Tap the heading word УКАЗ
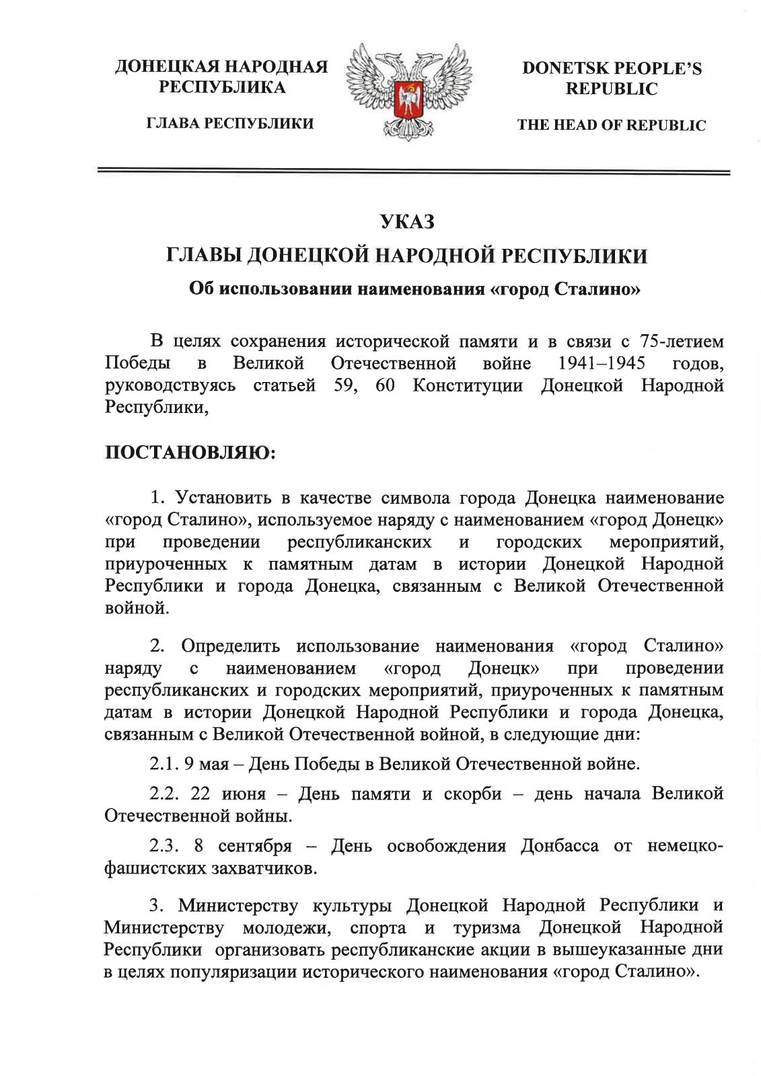[408, 221]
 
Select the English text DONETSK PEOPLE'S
[612, 69]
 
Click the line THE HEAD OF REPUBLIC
[612, 125]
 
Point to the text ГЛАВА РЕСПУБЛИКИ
[221, 124]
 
